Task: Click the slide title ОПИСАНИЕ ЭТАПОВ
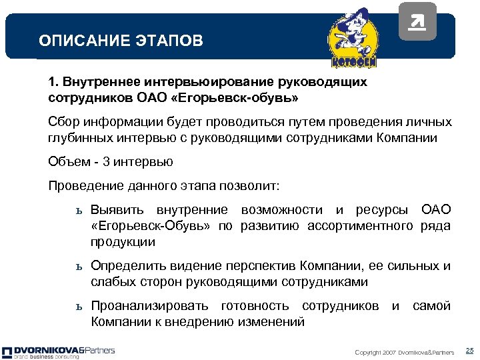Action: coord(121,41)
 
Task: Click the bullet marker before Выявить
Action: coord(78,211)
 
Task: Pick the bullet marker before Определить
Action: coord(78,267)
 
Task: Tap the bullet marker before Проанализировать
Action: coord(78,307)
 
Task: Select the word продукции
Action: coord(123,242)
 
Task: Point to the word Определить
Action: coord(123,266)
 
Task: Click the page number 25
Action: coord(469,351)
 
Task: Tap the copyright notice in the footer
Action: coord(404,352)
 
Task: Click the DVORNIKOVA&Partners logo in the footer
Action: coord(58,352)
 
